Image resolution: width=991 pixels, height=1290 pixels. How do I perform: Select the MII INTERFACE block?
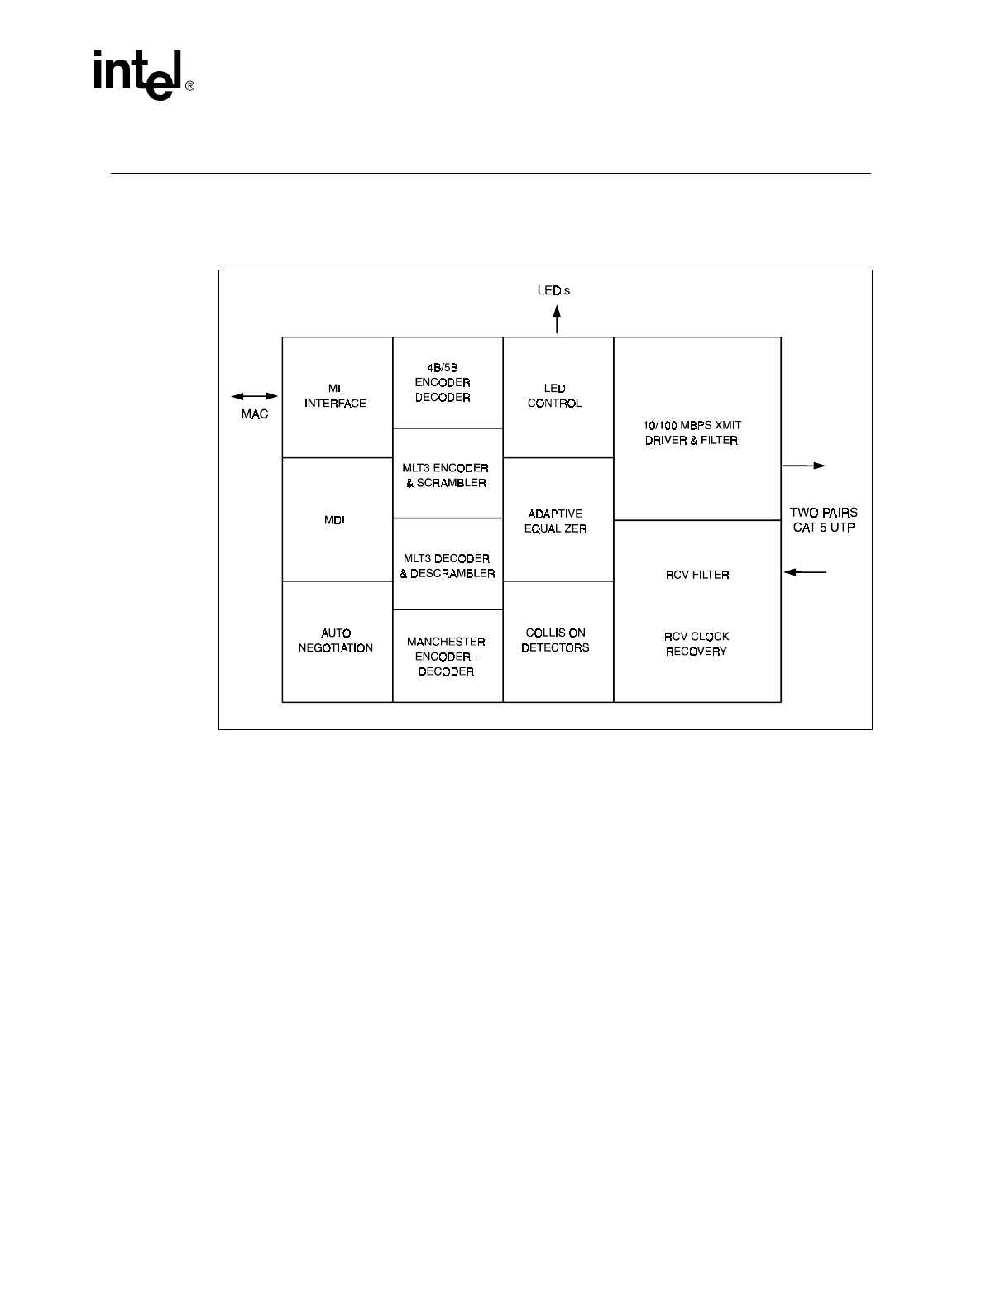tap(336, 396)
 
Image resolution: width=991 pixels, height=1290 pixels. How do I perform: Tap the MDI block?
tap(335, 520)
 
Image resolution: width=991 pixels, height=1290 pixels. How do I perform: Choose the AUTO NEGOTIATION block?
tap(336, 641)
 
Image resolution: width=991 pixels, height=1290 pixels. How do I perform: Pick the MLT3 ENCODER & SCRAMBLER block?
tap(447, 475)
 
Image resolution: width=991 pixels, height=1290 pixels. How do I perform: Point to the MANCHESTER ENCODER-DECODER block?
tap(447, 656)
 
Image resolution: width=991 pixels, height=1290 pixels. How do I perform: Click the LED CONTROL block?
tap(555, 396)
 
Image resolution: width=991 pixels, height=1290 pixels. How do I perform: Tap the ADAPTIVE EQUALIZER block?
tap(555, 521)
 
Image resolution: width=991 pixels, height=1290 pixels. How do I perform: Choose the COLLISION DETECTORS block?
tap(555, 640)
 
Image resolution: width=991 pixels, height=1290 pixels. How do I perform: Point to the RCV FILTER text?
tap(697, 575)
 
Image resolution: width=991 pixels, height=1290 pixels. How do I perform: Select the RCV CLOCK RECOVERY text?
tap(697, 644)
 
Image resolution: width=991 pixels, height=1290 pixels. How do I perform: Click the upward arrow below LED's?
tap(558, 318)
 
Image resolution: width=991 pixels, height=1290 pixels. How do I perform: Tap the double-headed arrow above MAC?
tap(254, 397)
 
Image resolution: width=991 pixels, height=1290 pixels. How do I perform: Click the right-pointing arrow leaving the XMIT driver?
tap(804, 466)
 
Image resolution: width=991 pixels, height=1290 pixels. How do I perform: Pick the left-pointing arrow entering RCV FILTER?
tap(805, 571)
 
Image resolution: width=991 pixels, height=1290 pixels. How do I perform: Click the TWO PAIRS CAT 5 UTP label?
tap(824, 520)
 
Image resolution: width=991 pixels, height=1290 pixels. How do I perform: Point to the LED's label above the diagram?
tap(554, 291)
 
